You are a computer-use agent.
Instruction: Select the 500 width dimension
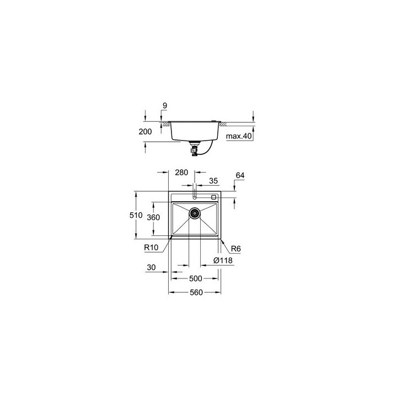pos(195,278)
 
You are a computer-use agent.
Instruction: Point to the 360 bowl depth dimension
pos(153,217)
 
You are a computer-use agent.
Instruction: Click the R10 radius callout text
pos(152,248)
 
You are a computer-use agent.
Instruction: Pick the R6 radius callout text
pos(235,248)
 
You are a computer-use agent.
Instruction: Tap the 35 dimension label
pos(213,180)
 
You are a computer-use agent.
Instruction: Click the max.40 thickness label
pos(240,136)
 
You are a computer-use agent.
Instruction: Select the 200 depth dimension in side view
pos(144,132)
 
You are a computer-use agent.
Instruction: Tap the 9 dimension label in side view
pos(164,105)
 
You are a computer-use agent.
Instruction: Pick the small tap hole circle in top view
pos(195,196)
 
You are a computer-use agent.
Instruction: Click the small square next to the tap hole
pos(214,197)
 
